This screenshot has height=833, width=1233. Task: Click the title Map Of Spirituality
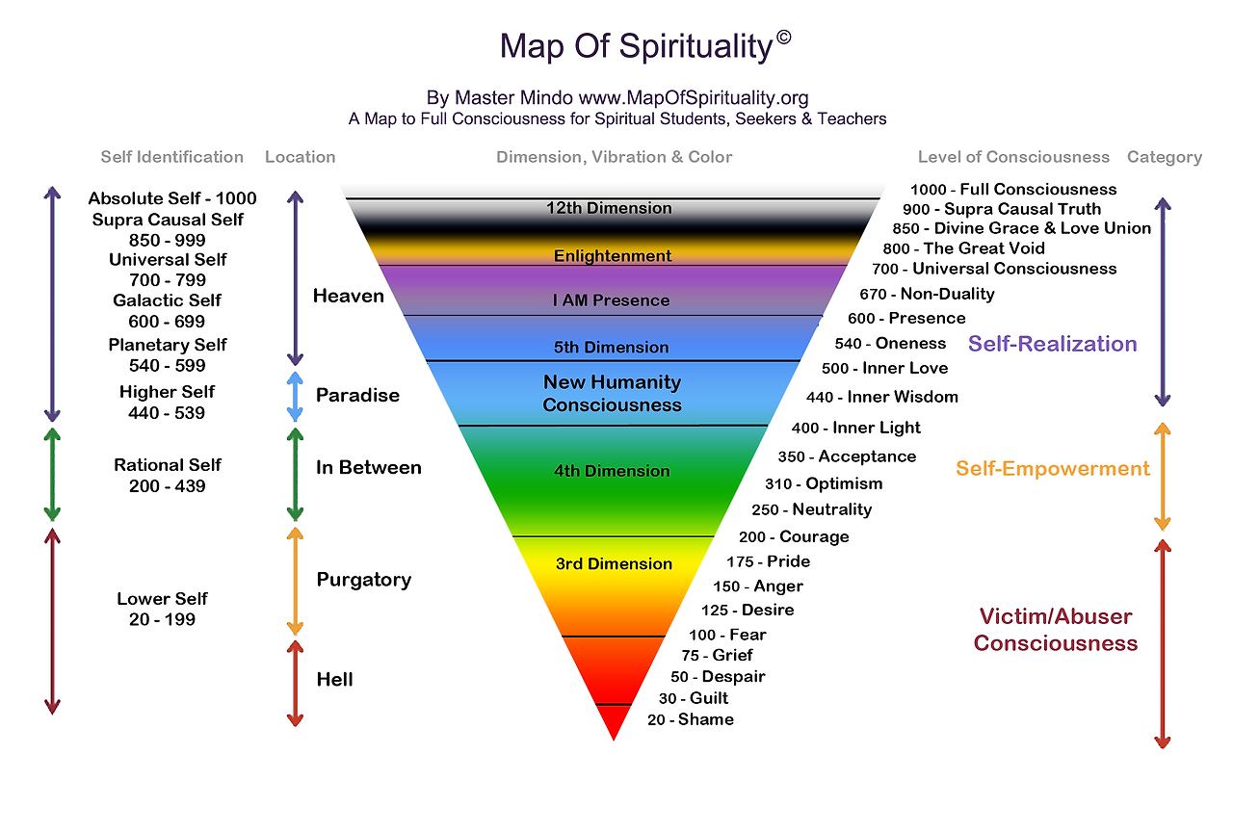point(638,46)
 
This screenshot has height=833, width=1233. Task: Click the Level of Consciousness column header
point(1013,157)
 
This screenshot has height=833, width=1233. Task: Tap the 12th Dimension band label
point(609,208)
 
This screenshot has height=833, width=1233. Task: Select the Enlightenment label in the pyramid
point(613,256)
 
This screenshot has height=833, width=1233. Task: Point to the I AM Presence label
point(611,300)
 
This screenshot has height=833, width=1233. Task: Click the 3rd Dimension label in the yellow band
point(614,564)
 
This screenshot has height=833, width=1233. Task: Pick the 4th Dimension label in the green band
point(612,471)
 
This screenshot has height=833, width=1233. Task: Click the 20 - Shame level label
point(690,719)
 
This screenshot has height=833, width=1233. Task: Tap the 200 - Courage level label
point(794,536)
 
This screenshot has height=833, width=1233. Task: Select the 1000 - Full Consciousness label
point(1013,190)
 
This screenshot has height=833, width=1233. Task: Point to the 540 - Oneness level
point(890,343)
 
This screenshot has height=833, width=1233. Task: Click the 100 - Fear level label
point(727,635)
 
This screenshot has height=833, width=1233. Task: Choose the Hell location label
point(334,679)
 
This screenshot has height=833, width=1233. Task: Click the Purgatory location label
point(363,580)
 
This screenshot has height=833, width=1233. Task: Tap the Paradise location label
point(357,395)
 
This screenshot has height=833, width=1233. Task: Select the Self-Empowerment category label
point(1053,469)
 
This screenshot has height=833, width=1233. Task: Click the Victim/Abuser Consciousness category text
point(1056,630)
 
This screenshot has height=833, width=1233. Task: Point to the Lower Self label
point(162,599)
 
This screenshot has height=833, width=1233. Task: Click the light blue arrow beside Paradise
point(296,396)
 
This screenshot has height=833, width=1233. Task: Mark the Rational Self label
point(168,465)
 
